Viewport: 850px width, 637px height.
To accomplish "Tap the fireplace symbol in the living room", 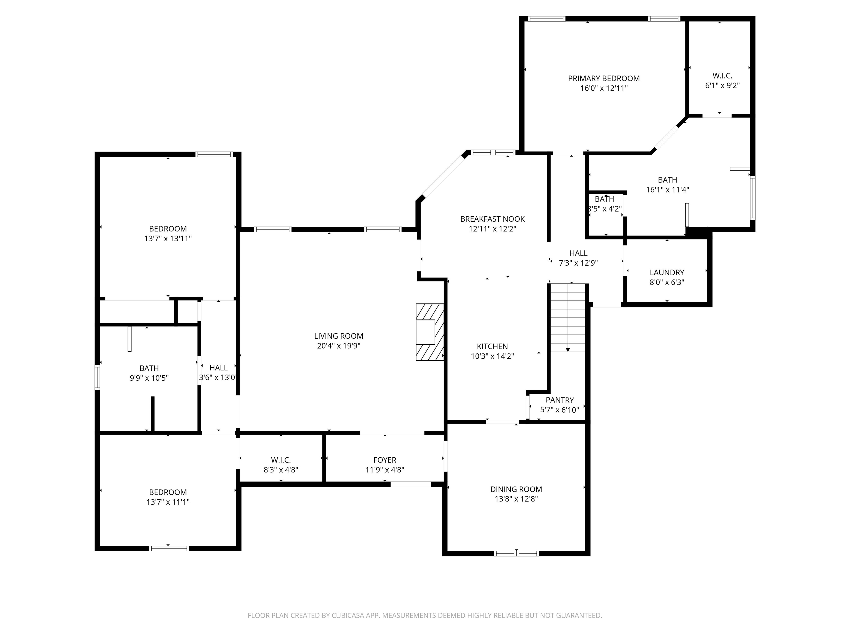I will pyautogui.click(x=430, y=332).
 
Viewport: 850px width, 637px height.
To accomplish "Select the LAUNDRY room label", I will pyautogui.click(x=667, y=273).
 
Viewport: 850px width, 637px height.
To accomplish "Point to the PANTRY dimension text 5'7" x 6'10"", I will pyautogui.click(x=559, y=410).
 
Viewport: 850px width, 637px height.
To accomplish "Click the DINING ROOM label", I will pyautogui.click(x=516, y=489).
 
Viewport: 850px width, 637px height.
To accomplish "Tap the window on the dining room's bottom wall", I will pyautogui.click(x=516, y=553).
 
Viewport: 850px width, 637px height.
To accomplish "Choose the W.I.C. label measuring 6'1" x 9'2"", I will pyautogui.click(x=722, y=76).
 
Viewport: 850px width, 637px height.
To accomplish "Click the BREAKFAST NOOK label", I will pyautogui.click(x=492, y=219).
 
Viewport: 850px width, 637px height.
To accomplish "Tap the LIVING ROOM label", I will pyautogui.click(x=339, y=336).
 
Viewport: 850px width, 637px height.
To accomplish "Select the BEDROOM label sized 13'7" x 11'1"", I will pyautogui.click(x=168, y=492).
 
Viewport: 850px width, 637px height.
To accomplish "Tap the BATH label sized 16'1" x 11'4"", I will pyautogui.click(x=667, y=180).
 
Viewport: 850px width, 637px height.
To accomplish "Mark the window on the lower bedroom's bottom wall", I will pyautogui.click(x=169, y=548).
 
